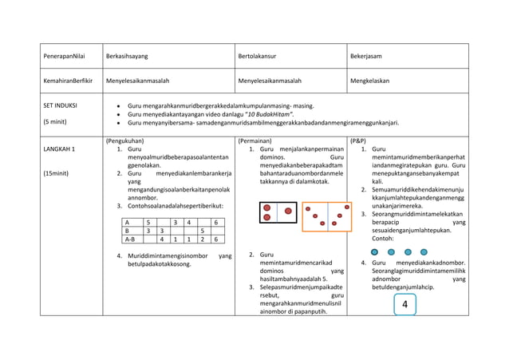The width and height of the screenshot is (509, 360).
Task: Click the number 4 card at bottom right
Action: (x=404, y=304)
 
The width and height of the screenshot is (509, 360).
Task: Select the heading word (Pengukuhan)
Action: (x=125, y=140)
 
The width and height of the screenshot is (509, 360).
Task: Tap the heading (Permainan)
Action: (x=255, y=140)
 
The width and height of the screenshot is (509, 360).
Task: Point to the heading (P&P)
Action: (x=358, y=140)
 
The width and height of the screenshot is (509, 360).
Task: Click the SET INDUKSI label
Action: (x=61, y=105)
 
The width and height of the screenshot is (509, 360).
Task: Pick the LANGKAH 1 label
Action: (x=60, y=149)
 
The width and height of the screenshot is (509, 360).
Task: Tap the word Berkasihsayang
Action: (x=128, y=56)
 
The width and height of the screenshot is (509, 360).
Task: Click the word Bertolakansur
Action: (x=260, y=56)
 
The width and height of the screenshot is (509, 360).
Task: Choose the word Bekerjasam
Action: (x=366, y=56)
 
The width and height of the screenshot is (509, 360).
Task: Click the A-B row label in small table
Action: (x=130, y=238)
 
